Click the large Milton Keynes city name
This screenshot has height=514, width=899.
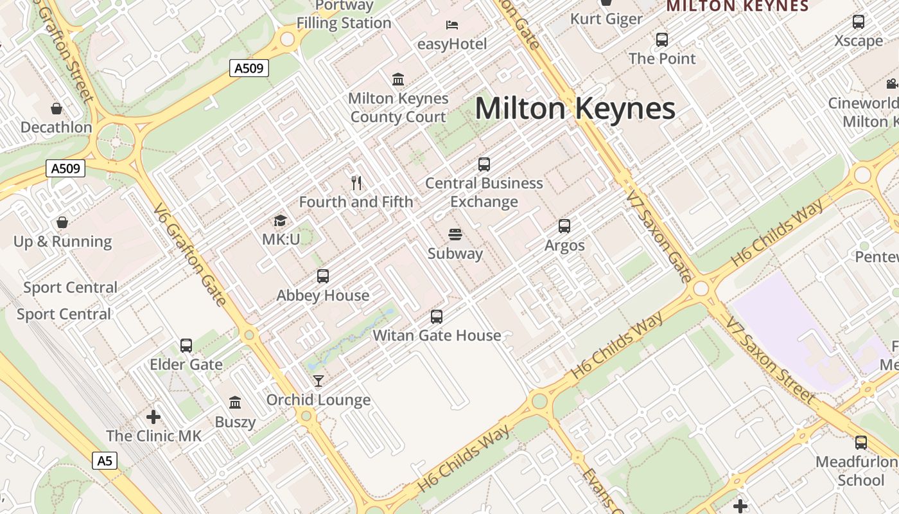pyautogui.click(x=575, y=108)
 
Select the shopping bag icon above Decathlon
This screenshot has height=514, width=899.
pyautogui.click(x=57, y=109)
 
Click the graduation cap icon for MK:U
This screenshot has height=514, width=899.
pyautogui.click(x=280, y=221)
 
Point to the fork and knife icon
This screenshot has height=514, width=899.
pyautogui.click(x=357, y=183)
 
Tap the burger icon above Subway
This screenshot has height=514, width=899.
pyautogui.click(x=455, y=235)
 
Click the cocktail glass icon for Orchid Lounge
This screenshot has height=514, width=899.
pyautogui.click(x=318, y=381)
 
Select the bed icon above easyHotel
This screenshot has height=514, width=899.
pyautogui.click(x=452, y=25)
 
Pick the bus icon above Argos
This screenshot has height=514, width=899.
pyautogui.click(x=564, y=226)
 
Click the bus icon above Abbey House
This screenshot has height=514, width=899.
pyautogui.click(x=323, y=276)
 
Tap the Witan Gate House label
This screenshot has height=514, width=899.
pyautogui.click(x=437, y=335)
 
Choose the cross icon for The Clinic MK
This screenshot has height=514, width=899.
pyautogui.click(x=153, y=417)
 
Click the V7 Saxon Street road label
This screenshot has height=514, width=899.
pyautogui.click(x=770, y=359)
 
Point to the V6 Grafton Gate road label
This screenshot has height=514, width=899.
pyautogui.click(x=190, y=255)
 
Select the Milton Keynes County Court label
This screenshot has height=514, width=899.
pyautogui.click(x=398, y=107)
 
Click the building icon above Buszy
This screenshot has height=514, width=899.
pyautogui.click(x=235, y=403)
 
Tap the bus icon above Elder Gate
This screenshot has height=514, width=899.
pyautogui.click(x=186, y=346)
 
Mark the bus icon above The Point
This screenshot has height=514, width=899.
pyautogui.click(x=662, y=40)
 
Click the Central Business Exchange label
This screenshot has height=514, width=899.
pyautogui.click(x=484, y=192)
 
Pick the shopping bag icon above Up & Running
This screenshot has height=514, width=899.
pyautogui.click(x=62, y=222)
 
